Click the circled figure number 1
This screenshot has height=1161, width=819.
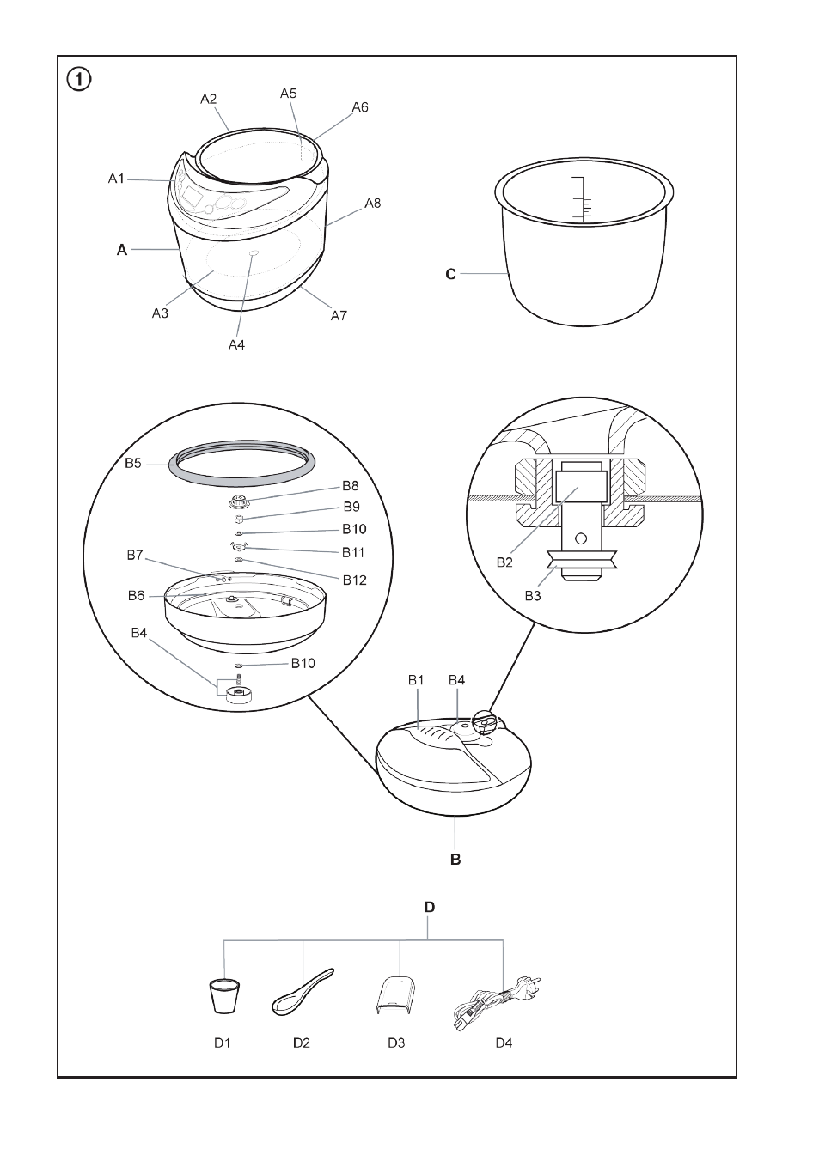point(79,80)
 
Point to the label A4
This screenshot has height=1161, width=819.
point(236,344)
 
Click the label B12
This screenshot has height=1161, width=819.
point(354,580)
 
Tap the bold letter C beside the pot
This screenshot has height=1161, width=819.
point(450,274)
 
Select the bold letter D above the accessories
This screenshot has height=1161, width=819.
point(430,907)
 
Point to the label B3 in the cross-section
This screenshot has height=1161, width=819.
point(533,596)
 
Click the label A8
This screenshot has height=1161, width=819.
point(372,204)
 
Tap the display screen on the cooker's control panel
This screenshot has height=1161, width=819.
point(192,197)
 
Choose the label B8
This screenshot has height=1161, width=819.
point(350,486)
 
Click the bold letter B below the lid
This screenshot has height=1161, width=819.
point(455,860)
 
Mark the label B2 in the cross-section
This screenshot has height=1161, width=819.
point(504,562)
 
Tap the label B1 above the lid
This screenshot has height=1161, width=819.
point(416,680)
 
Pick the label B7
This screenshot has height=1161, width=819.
point(135,555)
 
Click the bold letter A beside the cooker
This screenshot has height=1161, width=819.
point(122,250)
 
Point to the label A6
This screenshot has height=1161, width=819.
point(360,106)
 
